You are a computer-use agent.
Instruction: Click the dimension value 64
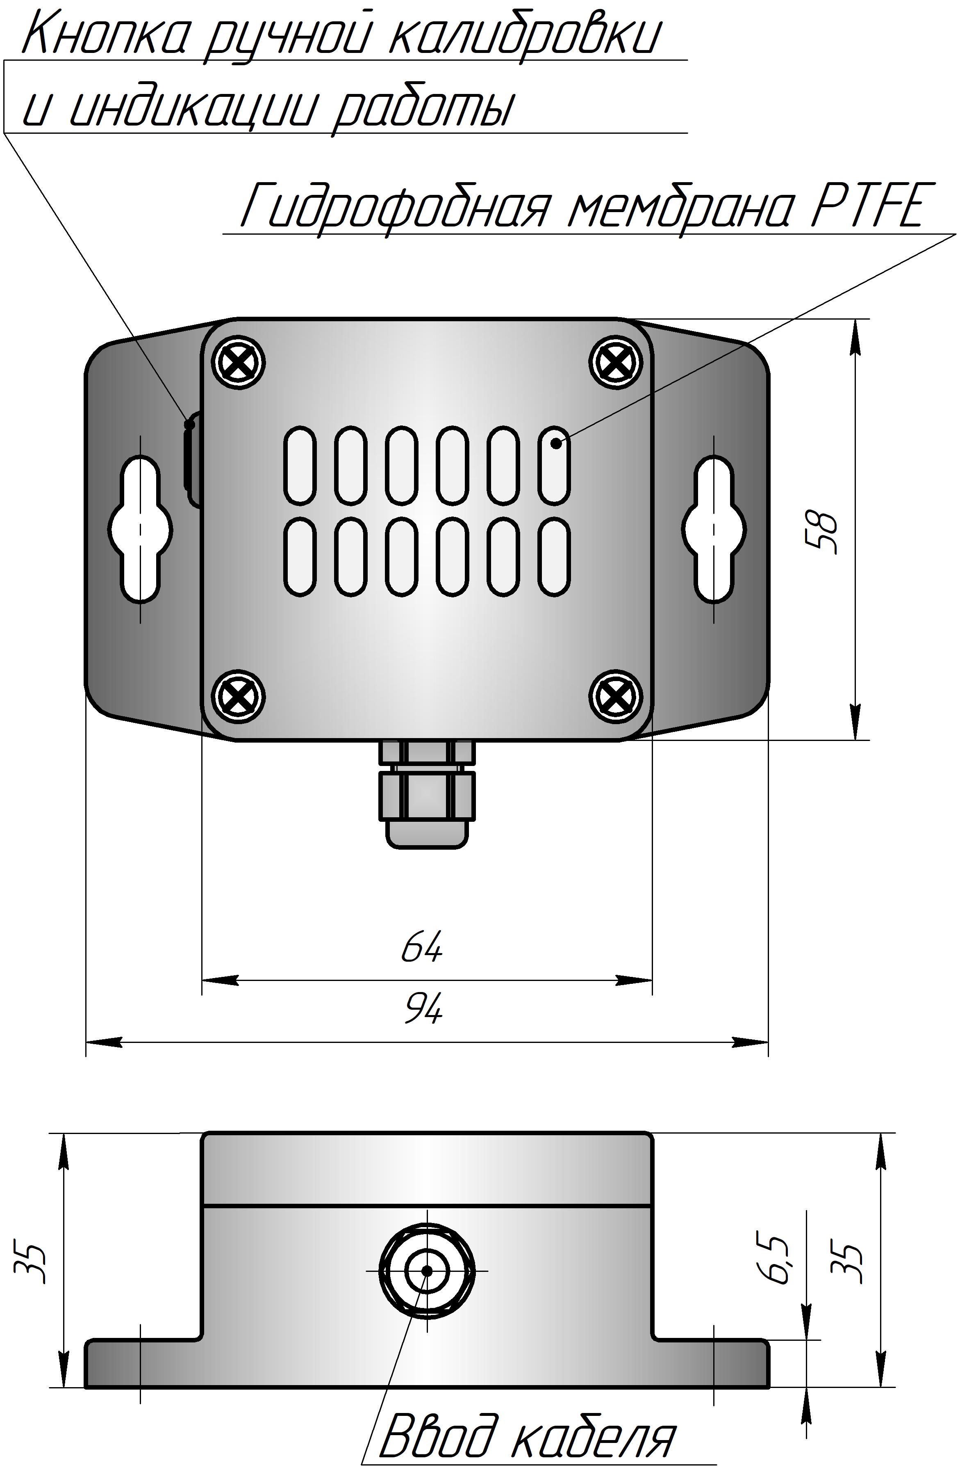(x=422, y=947)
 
